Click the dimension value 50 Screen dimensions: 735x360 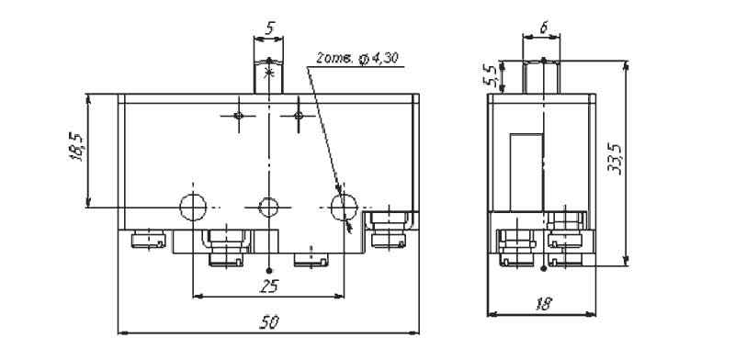tap(269, 322)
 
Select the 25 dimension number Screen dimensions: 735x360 tap(269, 286)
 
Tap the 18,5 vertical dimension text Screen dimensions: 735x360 tap(76, 147)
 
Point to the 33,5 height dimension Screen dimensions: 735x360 tap(617, 160)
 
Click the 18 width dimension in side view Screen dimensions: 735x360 tap(543, 304)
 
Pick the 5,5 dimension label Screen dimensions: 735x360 tap(491, 76)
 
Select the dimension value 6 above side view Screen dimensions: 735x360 tap(543, 28)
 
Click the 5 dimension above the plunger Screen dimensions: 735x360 tap(269, 28)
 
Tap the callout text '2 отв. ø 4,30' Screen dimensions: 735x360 tap(357, 58)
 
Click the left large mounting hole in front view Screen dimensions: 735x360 tap(193, 207)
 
